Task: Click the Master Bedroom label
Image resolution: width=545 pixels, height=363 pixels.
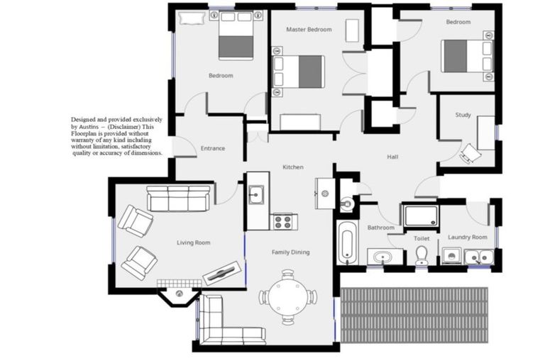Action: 309,30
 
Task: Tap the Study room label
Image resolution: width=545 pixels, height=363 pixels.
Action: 463,115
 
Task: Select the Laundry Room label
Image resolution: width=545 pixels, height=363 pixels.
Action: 468,237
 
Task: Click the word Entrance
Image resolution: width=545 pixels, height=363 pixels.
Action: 213,148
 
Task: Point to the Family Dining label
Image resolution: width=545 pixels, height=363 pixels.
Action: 291,252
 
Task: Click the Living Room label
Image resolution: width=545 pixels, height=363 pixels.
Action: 193,242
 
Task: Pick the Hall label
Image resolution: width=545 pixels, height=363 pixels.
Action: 393,157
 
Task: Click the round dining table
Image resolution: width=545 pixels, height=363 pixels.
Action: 288,296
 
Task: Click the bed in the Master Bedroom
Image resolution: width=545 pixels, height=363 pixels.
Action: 298,72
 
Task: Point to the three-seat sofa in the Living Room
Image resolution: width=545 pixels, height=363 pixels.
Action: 179,199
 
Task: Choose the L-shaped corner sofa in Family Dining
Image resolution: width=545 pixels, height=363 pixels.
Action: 220,323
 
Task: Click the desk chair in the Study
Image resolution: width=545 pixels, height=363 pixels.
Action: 470,153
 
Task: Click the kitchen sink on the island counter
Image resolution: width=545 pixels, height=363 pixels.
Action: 257,193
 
